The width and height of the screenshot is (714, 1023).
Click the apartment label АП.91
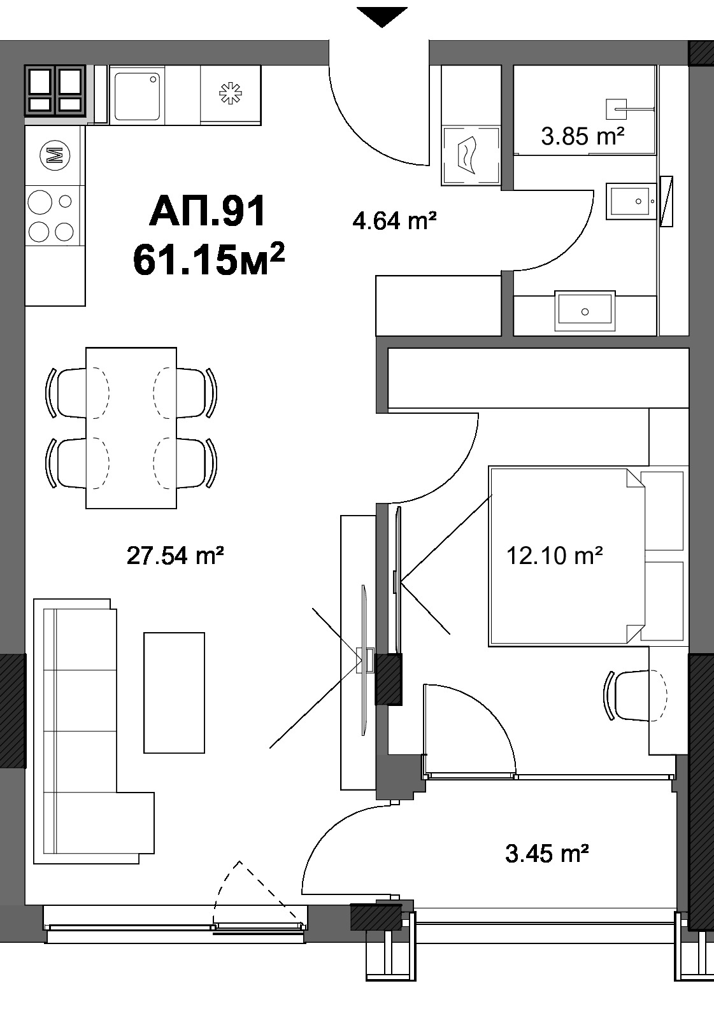coord(208,211)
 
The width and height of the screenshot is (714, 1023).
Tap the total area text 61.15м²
coord(209,259)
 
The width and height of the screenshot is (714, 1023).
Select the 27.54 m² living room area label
coord(175,555)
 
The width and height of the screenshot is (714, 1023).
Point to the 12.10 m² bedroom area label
coord(555,555)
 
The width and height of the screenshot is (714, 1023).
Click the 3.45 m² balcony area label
coord(547,853)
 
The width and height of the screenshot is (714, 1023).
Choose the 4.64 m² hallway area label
coord(394,221)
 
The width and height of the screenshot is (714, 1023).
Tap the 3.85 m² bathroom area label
coord(582,136)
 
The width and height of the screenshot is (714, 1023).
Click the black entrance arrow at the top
coord(382,17)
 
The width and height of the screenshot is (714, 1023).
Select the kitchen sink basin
coord(136,95)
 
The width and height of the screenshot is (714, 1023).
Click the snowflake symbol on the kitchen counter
coord(231,94)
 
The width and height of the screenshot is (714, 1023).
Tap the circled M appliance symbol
coord(55,156)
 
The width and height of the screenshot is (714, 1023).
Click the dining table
coord(131,427)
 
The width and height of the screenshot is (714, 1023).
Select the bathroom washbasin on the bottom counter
coord(585,311)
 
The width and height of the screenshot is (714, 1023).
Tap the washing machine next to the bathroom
coord(471,156)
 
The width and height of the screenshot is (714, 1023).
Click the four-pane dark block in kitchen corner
coord(55,90)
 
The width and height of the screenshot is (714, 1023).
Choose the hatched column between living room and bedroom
coord(389,679)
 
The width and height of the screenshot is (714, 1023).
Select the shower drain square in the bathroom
coord(617,109)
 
